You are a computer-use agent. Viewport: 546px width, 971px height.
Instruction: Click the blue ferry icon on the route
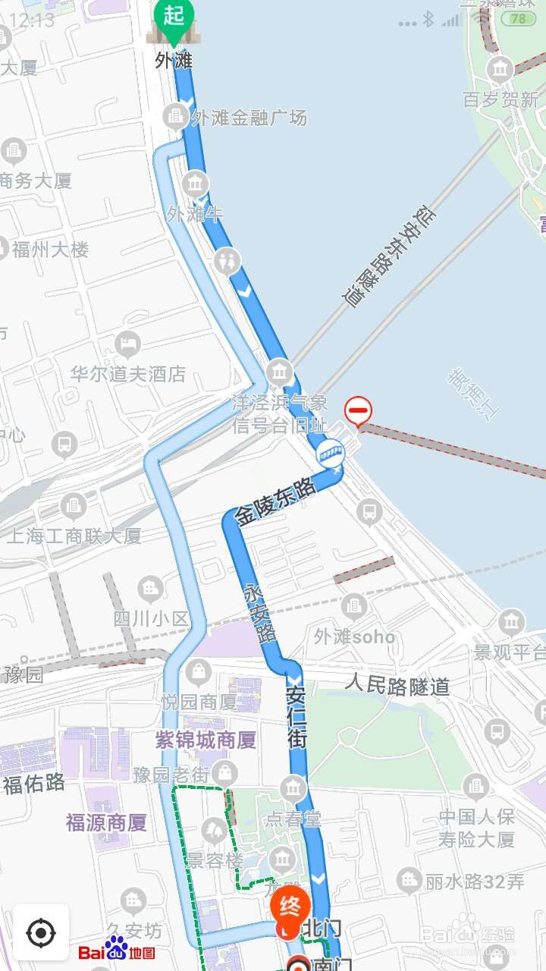tap(330, 454)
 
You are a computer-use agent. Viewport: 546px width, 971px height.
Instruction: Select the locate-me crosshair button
tap(41, 932)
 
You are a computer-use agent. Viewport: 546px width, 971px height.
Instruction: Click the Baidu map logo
tap(117, 949)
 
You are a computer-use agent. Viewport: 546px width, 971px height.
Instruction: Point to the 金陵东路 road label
tap(275, 503)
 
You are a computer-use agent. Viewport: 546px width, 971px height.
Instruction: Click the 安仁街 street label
tap(297, 717)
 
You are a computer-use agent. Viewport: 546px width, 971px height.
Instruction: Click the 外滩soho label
tap(355, 636)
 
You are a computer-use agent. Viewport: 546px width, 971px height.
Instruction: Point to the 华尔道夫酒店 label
tap(127, 374)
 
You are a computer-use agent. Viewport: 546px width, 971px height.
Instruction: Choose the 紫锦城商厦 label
tap(206, 740)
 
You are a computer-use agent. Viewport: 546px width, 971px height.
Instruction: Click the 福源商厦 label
tap(106, 822)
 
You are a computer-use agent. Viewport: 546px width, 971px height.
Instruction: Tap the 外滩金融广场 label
tap(249, 118)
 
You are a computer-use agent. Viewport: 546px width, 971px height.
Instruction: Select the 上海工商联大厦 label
tap(74, 536)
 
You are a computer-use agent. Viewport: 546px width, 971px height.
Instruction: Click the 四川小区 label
tap(151, 618)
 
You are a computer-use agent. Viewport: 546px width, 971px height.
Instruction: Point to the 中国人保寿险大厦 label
tap(476, 828)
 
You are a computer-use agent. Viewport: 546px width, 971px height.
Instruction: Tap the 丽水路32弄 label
tap(475, 881)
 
